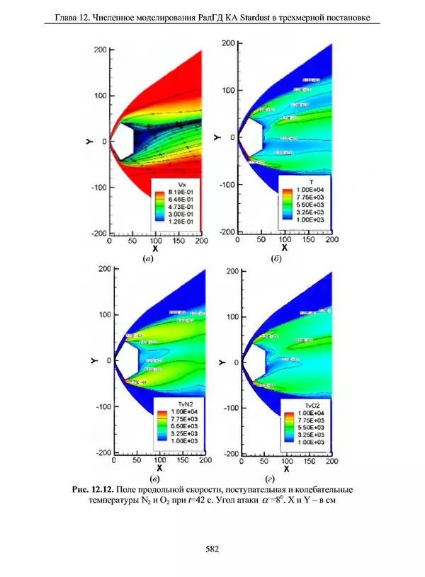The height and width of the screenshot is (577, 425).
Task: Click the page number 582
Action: tap(212, 547)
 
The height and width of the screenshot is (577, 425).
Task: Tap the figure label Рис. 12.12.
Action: tap(93, 489)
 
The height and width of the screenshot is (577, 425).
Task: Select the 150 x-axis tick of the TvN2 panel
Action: tap(181, 460)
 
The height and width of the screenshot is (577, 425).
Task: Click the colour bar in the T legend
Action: tap(287, 205)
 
